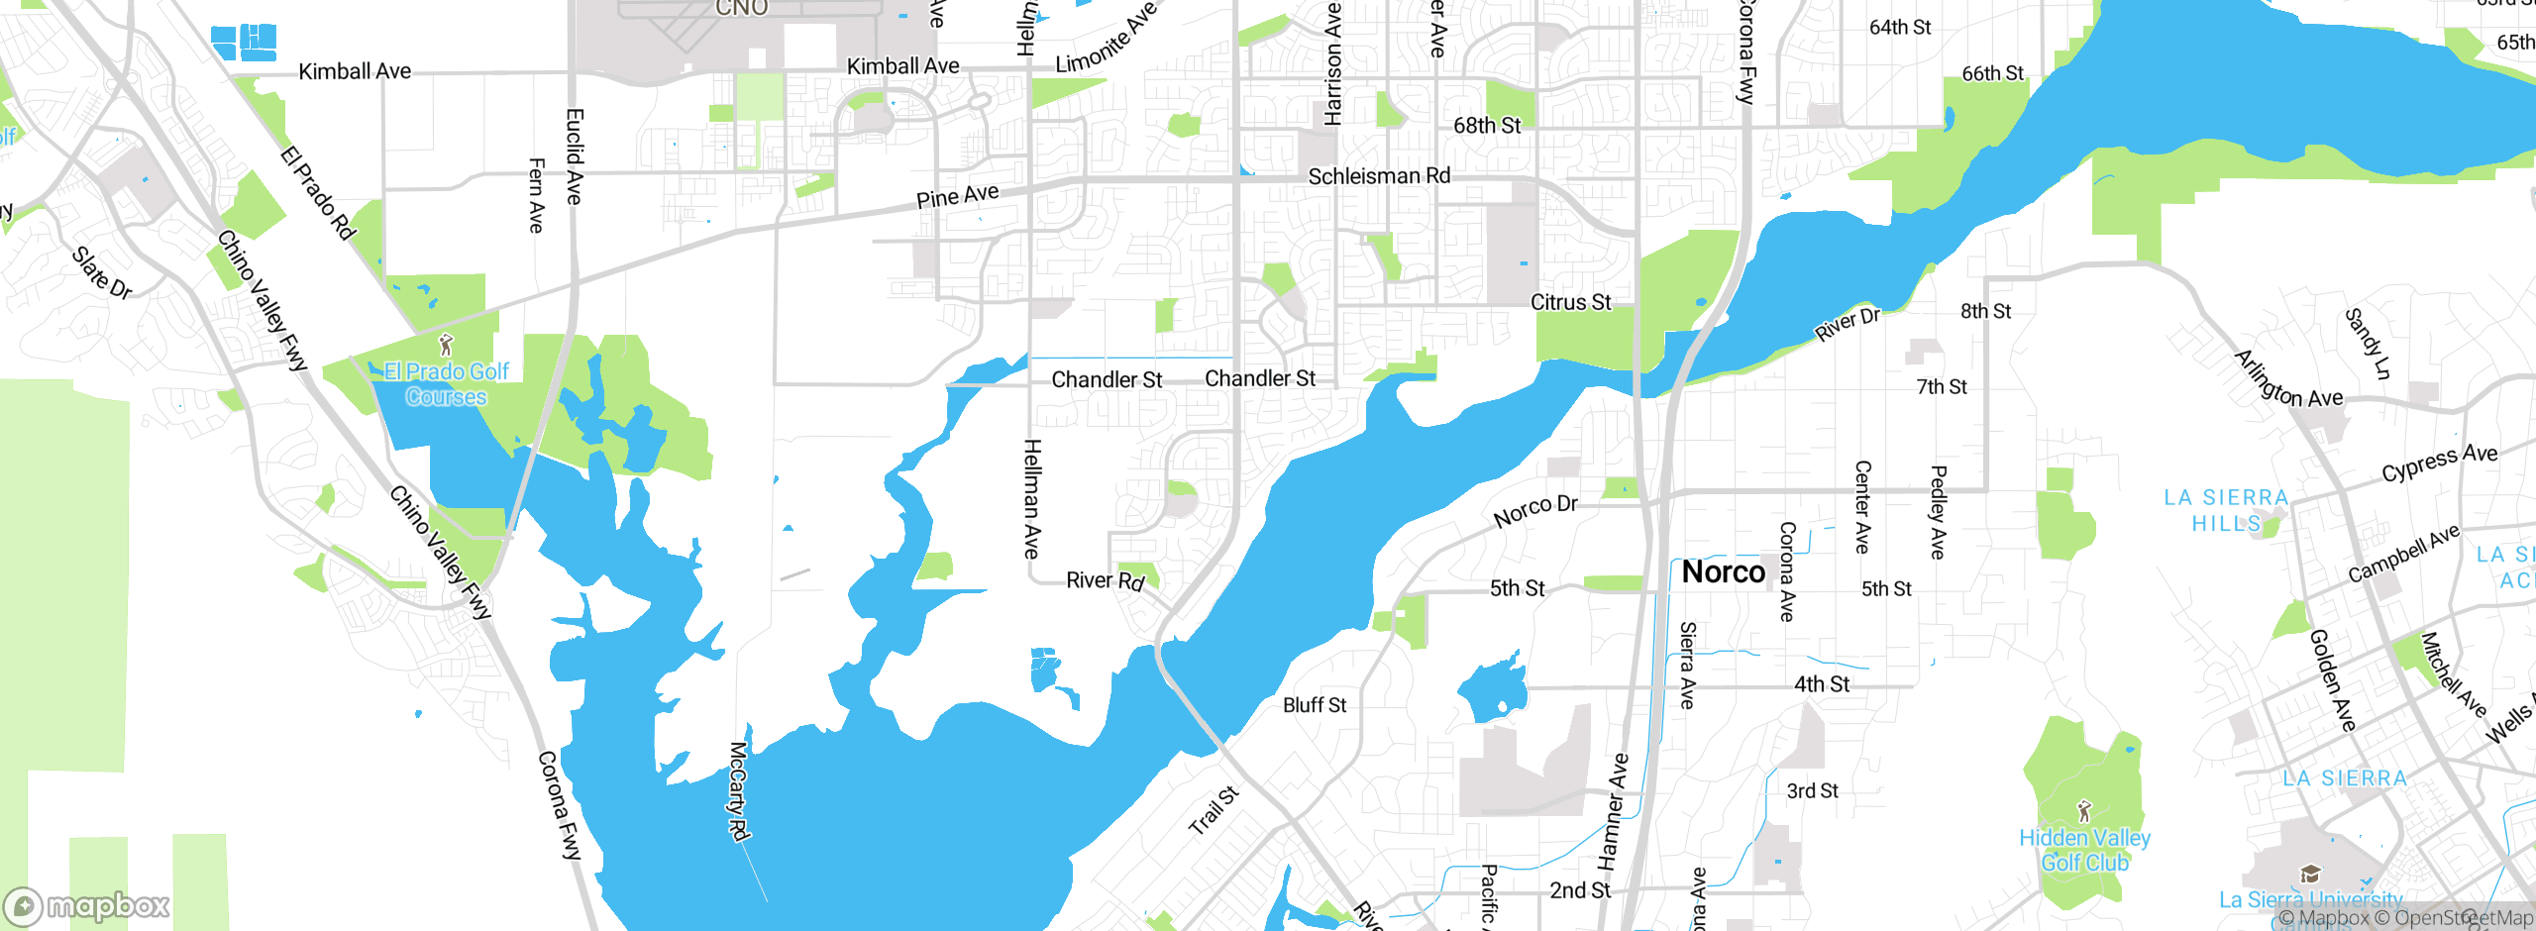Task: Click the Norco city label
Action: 1723,572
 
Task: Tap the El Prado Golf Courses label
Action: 446,384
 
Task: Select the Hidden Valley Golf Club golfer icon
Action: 2084,811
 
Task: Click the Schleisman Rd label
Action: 1379,176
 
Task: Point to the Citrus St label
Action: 1570,302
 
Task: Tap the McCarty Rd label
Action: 738,790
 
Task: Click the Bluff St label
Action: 1315,705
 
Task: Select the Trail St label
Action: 1214,810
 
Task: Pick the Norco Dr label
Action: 1535,510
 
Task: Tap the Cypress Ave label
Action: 2439,462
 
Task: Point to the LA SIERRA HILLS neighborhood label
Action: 2226,510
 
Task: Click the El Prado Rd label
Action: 317,193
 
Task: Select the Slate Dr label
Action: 102,272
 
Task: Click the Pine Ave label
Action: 957,196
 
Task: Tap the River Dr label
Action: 1847,324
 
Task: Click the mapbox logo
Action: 87,905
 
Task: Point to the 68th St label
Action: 1486,126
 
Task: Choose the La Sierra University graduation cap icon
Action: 2310,874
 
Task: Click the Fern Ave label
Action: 536,195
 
